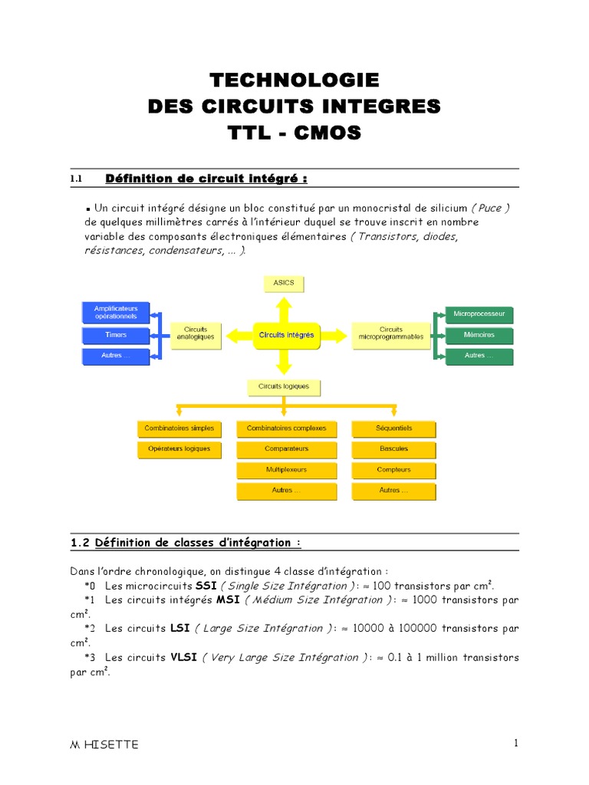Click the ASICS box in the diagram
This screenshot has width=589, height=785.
tap(283, 284)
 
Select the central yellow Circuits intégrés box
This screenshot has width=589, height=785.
tap(286, 336)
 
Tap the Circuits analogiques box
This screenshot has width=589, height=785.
tap(196, 335)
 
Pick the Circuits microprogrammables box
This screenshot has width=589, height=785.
tap(390, 335)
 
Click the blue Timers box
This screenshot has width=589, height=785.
tap(116, 336)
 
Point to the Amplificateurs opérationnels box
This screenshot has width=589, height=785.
tap(116, 313)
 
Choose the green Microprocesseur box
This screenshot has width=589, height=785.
tap(479, 314)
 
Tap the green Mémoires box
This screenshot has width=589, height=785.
tap(479, 336)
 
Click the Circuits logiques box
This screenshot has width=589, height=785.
tap(284, 387)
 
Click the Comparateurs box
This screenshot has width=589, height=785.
tap(287, 449)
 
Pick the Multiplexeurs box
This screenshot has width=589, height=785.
tap(287, 470)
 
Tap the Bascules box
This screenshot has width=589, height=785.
tap(394, 449)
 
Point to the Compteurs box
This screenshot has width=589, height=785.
tap(394, 470)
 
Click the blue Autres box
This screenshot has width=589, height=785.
tap(116, 356)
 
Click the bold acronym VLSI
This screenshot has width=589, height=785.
tap(184, 658)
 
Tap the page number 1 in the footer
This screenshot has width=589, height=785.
tap(516, 743)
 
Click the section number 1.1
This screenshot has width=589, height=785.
tap(76, 179)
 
